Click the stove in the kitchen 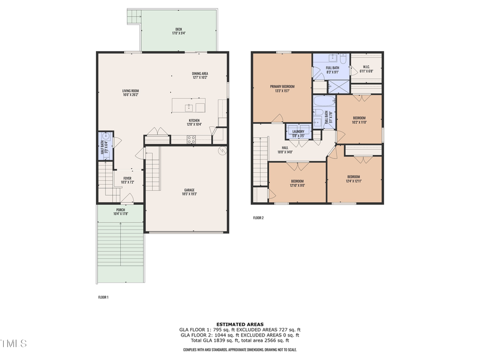191,140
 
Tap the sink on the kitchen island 188,107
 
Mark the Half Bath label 103,146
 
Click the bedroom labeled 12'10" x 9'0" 297,181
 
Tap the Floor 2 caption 258,218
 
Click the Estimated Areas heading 239,324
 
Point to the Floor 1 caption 103,297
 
